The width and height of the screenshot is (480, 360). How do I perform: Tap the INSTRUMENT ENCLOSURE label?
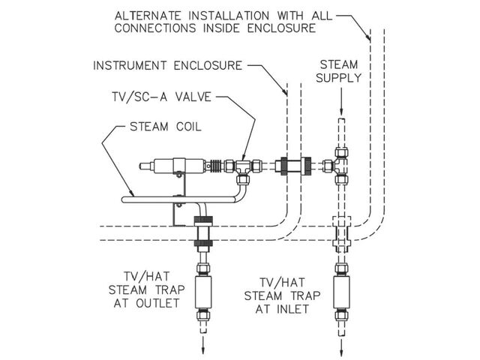click(x=167, y=65)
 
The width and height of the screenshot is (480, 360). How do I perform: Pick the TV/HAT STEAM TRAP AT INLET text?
click(x=275, y=292)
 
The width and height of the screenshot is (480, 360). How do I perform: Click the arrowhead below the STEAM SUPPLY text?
click(x=341, y=109)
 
